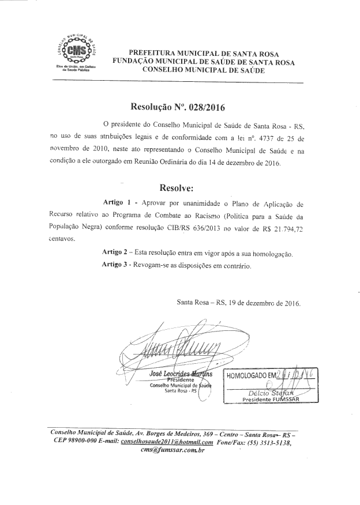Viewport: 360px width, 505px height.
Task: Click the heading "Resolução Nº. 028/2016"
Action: coord(178,107)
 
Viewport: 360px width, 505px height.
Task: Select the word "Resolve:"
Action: coord(179,188)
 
